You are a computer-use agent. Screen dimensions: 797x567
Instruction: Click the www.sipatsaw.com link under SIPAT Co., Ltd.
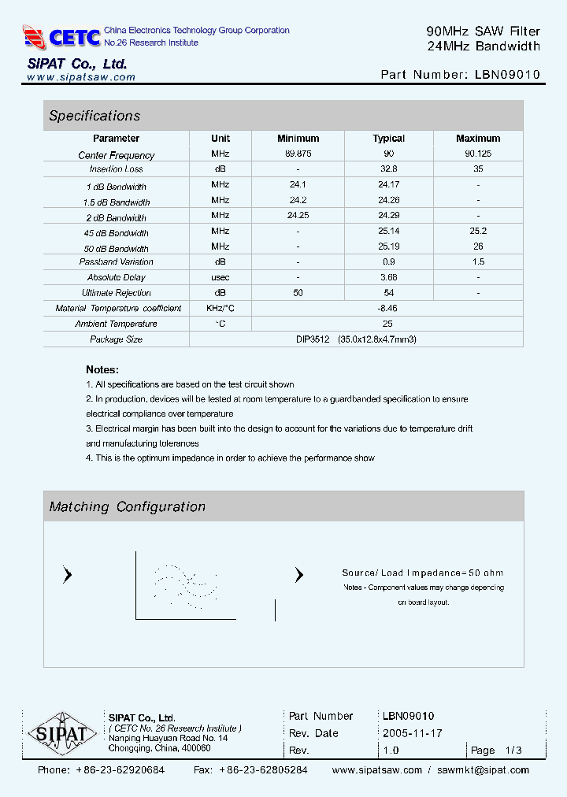pyautogui.click(x=81, y=77)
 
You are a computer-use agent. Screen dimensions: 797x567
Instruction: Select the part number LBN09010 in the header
pyautogui.click(x=507, y=75)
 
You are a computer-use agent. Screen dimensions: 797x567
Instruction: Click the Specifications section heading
pyautogui.click(x=94, y=116)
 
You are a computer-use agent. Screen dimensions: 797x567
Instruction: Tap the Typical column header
pyautogui.click(x=388, y=139)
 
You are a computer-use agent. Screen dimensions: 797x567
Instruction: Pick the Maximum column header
pyautogui.click(x=478, y=139)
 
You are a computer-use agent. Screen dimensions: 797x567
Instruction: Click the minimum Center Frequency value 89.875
pyautogui.click(x=298, y=154)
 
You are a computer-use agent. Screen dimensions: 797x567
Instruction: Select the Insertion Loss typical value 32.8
pyautogui.click(x=388, y=169)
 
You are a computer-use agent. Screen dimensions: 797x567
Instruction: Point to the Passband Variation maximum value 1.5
pyautogui.click(x=478, y=261)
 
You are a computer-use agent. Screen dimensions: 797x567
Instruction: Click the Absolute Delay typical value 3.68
pyautogui.click(x=388, y=277)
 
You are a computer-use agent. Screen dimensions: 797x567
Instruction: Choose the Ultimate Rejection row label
pyautogui.click(x=117, y=293)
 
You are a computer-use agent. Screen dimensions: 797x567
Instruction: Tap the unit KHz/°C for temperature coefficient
pyautogui.click(x=220, y=308)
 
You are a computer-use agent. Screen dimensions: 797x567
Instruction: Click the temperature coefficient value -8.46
pyautogui.click(x=387, y=308)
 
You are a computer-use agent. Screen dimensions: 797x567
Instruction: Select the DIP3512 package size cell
pyautogui.click(x=356, y=339)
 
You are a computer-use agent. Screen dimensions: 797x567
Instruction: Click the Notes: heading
pyautogui.click(x=102, y=369)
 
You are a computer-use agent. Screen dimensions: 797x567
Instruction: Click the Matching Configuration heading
pyautogui.click(x=128, y=507)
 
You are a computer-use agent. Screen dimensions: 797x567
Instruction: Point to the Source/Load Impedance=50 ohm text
pyautogui.click(x=422, y=573)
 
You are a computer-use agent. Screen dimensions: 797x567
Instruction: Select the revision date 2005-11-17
pyautogui.click(x=413, y=733)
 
